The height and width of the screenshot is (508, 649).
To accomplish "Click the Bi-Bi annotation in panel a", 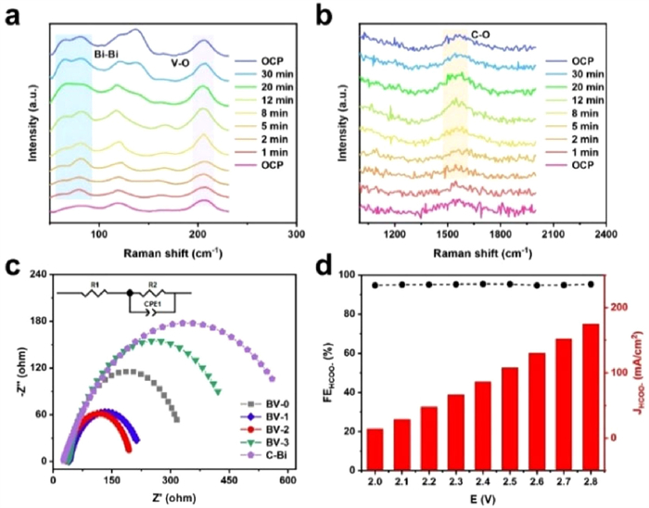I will tap(109, 56).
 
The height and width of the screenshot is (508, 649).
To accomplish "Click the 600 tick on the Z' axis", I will tap(286, 480).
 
